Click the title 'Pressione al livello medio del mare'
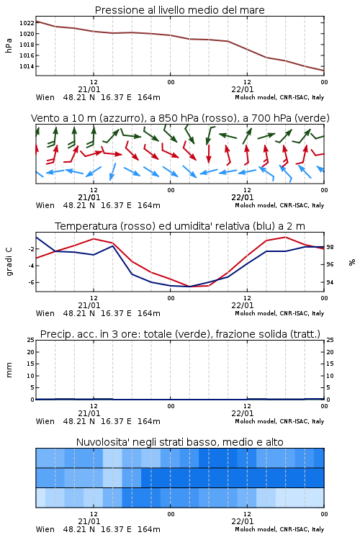179,10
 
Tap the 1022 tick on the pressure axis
27,23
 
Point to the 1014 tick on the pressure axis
27,66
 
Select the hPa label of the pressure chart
9,45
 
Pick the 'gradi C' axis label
9,261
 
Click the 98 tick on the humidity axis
330,247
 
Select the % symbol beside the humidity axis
352,262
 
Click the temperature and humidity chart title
180,226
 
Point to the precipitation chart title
180,334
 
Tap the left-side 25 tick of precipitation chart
31,340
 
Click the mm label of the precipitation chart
9,370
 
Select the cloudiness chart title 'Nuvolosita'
180,442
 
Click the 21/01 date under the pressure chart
89,89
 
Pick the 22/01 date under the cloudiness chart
243,521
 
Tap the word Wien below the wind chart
45,205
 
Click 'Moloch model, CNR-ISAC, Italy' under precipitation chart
279,421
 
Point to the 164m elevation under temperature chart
149,313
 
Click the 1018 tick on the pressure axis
27,45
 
